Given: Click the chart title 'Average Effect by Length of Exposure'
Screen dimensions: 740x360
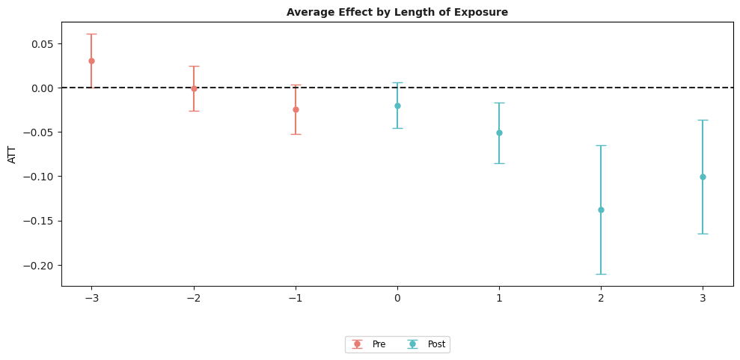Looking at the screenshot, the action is coord(397,13).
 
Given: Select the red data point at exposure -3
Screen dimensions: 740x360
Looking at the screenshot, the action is coord(91,61).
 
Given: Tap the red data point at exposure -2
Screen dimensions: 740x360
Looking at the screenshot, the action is coord(194,88).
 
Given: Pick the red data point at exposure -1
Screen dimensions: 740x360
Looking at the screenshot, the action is coord(296,109).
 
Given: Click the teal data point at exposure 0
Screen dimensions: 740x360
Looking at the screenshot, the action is coord(397,106).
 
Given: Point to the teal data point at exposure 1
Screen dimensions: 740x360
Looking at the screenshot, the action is coord(499,132).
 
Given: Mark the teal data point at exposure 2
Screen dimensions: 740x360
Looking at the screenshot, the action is coord(601,210).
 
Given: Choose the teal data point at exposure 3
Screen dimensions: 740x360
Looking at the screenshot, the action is coord(703,177).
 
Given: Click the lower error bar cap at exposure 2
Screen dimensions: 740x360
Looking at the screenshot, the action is coord(601,274).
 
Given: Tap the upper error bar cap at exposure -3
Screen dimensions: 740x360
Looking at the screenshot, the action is coord(91,34).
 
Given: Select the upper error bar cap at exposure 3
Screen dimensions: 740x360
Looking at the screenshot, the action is coord(703,120).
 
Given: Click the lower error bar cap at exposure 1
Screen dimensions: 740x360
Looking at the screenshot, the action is coord(499,163).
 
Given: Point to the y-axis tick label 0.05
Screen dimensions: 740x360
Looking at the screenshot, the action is coord(40,44).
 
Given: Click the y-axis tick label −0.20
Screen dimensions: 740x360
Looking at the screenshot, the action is coord(37,266).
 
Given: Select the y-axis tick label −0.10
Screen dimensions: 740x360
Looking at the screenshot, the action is coord(37,177).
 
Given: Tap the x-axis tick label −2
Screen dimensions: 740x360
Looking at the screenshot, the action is coord(194,298).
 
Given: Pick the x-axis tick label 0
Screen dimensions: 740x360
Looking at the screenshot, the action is coord(397,298).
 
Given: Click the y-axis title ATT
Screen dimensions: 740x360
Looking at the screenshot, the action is coord(13,154).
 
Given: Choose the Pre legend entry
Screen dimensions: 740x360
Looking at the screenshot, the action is coord(371,344).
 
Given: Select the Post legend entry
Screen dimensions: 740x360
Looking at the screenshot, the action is coord(426,344).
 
